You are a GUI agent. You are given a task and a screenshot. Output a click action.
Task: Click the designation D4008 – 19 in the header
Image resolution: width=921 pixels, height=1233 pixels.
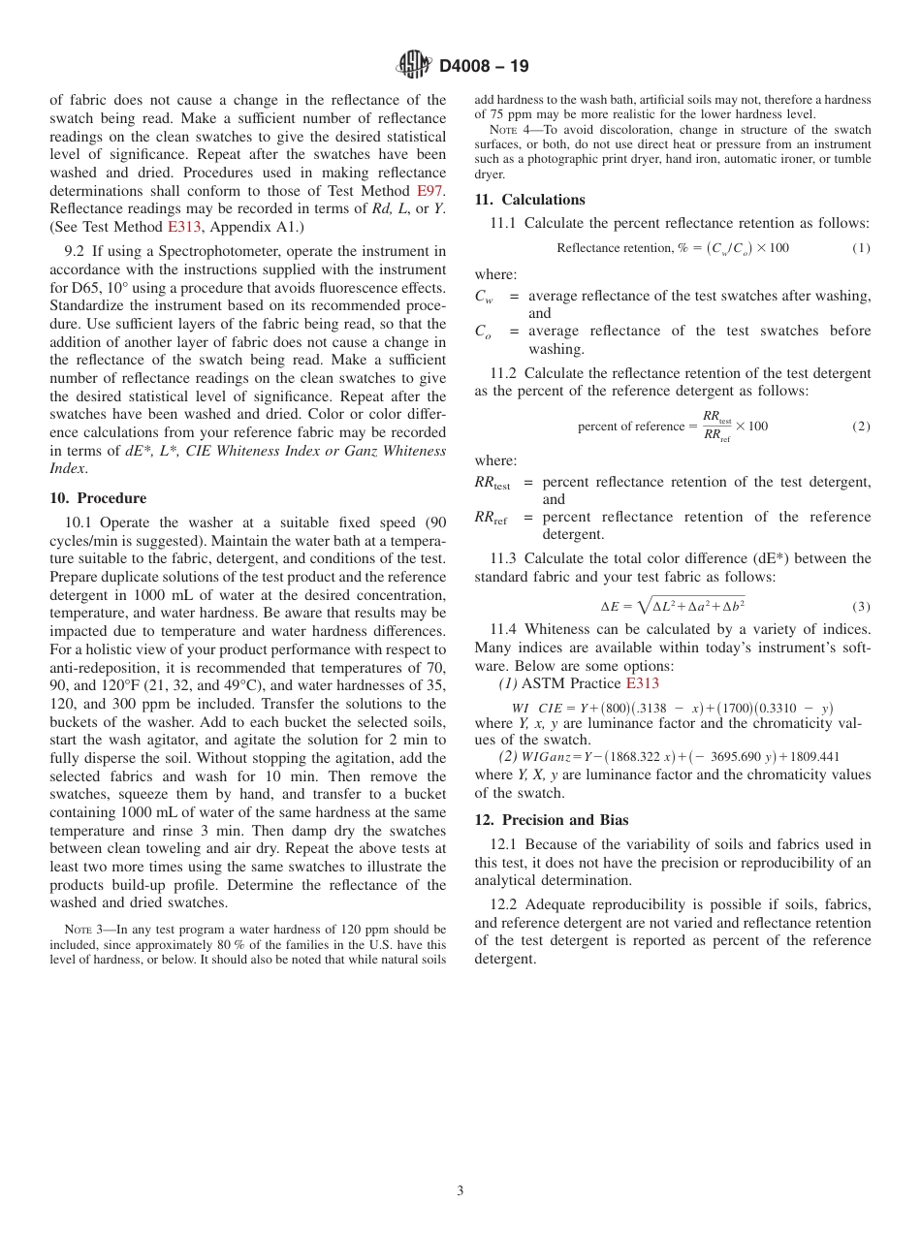[x=484, y=67]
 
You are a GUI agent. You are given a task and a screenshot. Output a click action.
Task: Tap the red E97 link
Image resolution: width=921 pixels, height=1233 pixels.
[x=430, y=191]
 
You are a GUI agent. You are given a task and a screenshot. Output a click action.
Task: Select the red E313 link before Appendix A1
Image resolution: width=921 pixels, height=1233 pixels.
[x=183, y=227]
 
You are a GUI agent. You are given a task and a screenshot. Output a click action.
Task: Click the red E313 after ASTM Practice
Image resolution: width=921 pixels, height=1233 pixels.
[x=642, y=683]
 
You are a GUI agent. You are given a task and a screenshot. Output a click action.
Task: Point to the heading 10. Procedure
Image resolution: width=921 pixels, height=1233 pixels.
[x=98, y=498]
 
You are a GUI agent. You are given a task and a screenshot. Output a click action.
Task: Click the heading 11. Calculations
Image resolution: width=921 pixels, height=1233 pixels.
[x=529, y=200]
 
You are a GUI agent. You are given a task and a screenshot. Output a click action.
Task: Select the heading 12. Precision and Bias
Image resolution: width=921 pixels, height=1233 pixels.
[x=552, y=819]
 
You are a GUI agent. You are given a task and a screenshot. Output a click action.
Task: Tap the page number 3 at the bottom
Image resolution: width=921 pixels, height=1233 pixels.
[x=460, y=1190]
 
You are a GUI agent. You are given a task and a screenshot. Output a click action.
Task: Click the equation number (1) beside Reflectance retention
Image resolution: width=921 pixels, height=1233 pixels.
[x=861, y=248]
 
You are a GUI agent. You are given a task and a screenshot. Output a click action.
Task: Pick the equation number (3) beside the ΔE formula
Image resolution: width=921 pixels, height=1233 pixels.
[x=861, y=607]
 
